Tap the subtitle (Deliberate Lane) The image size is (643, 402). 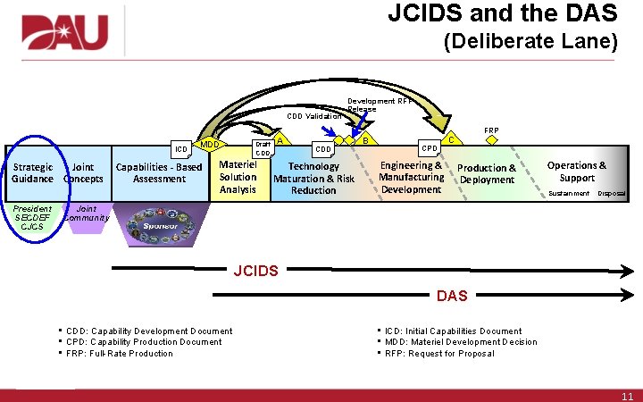click(x=530, y=43)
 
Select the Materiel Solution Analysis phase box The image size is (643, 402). click(x=238, y=177)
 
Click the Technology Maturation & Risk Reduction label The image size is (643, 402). click(x=313, y=179)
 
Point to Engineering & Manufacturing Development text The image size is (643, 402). click(x=411, y=177)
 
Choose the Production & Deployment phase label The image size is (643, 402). click(x=487, y=173)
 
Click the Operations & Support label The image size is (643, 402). click(x=576, y=172)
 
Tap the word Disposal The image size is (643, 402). click(x=611, y=194)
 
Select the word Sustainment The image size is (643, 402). click(x=569, y=194)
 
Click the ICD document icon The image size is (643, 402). click(x=181, y=149)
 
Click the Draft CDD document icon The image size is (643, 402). click(x=263, y=148)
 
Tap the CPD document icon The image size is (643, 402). click(x=430, y=148)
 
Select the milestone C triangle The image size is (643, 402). click(x=452, y=139)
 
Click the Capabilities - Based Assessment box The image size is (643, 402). click(x=159, y=172)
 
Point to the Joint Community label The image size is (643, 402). click(x=87, y=214)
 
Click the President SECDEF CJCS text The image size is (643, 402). click(x=32, y=217)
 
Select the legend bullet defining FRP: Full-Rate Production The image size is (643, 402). click(x=120, y=353)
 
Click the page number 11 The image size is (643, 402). click(x=626, y=395)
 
